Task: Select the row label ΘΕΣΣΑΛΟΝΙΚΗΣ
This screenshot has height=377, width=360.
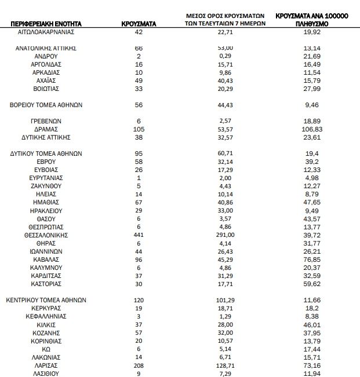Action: point(47,235)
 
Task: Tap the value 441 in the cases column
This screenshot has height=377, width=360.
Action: point(138,235)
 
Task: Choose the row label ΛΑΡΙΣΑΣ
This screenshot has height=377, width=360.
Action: point(47,365)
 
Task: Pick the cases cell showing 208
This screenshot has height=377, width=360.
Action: point(138,365)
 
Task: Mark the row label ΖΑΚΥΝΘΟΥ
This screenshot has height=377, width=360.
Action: point(47,186)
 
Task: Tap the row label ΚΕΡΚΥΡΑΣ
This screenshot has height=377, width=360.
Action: point(47,309)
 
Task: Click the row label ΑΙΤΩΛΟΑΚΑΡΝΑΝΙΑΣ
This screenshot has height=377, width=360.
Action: point(47,33)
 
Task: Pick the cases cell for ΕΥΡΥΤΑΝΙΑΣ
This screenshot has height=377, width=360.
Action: point(138,178)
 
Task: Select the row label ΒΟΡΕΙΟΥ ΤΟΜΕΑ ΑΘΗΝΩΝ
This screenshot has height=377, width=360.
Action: point(47,105)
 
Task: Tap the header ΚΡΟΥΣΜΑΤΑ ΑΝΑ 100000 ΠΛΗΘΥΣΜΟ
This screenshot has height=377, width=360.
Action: point(312,21)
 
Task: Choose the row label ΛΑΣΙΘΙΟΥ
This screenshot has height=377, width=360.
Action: point(47,374)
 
